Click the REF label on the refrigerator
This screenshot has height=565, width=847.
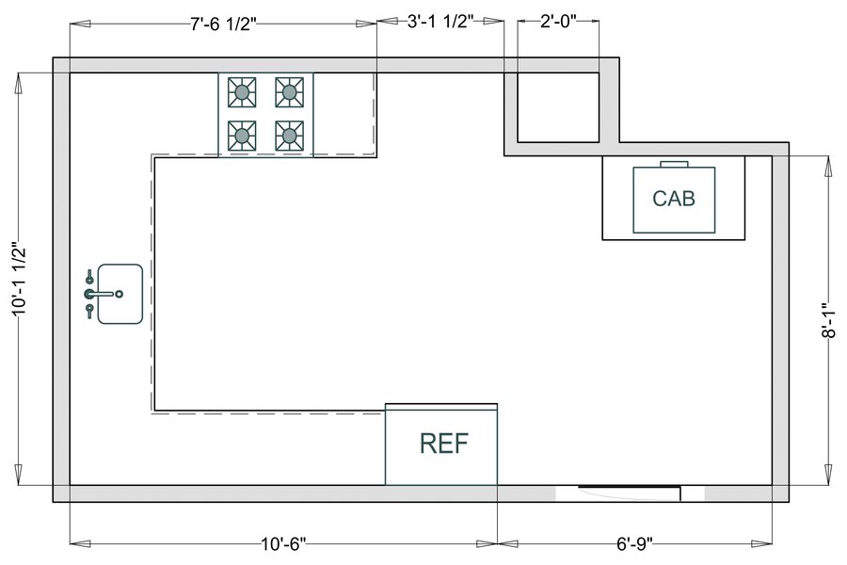[443, 444]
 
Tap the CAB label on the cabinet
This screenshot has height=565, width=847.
[674, 199]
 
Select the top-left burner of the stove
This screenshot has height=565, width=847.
[243, 92]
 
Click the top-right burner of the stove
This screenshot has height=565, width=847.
[289, 92]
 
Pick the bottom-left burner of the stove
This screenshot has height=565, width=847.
[243, 137]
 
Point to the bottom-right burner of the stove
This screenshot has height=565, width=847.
[289, 137]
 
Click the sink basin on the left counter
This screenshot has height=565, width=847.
[120, 295]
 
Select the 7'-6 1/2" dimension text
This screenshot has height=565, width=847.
[223, 24]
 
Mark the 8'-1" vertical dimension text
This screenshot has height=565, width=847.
[828, 320]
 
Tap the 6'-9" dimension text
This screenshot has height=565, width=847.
[634, 544]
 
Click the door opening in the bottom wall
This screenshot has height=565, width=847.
[629, 492]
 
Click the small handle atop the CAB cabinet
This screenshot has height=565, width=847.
[674, 164]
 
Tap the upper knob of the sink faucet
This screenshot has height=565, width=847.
[90, 276]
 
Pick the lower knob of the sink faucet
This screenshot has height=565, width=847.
[90, 312]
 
